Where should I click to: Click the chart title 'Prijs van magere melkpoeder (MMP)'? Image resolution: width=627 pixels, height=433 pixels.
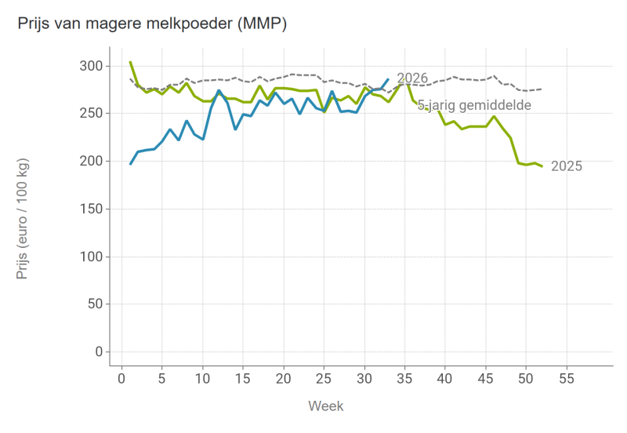[x=152, y=24]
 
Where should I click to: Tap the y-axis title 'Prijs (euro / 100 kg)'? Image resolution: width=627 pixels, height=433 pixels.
[x=22, y=219]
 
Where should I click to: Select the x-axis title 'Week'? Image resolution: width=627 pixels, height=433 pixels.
[x=326, y=406]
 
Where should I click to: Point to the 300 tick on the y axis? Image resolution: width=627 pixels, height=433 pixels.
[x=91, y=66]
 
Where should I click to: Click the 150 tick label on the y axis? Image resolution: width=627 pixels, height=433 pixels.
[x=91, y=209]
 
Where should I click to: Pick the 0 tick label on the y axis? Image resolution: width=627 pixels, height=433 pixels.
[x=100, y=351]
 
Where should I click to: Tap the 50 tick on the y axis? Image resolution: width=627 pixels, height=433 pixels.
[x=95, y=304]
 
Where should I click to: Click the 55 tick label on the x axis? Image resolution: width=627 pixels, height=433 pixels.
[x=567, y=379]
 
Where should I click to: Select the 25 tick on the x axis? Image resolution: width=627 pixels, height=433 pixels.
[x=324, y=379]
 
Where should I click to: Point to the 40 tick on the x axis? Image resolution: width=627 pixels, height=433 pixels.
[x=445, y=379]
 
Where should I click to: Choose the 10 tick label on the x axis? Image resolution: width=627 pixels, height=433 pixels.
[x=202, y=379]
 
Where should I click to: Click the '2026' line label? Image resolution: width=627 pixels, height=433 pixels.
[x=412, y=78]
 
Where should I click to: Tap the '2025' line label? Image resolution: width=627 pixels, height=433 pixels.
[x=567, y=166]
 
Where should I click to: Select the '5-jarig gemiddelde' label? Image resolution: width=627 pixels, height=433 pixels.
[x=474, y=105]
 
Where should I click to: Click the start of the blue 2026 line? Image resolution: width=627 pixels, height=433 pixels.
[x=130, y=164]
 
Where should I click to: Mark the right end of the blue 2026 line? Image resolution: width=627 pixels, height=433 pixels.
[x=388, y=79]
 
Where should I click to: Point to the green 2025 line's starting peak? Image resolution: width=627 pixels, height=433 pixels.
[x=130, y=62]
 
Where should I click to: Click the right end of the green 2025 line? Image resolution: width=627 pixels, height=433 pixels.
[x=542, y=166]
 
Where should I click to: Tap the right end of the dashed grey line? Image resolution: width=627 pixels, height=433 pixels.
[x=542, y=89]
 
